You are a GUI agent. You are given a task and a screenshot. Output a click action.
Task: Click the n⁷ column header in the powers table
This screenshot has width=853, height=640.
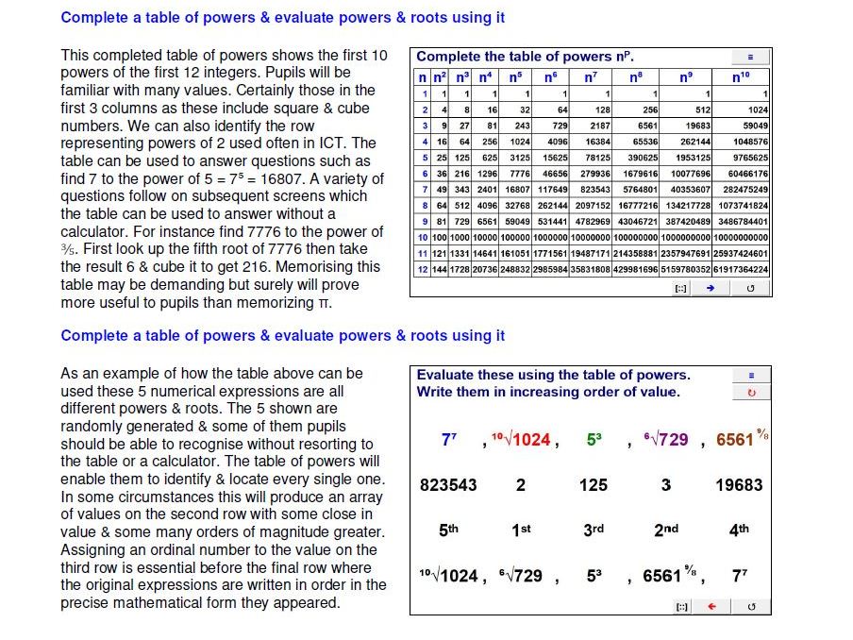coord(591,77)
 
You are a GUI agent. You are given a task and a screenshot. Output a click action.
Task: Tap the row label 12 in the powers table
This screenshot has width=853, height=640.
coord(424,269)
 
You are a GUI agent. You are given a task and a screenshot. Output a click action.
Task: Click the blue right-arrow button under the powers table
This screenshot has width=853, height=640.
coord(710,288)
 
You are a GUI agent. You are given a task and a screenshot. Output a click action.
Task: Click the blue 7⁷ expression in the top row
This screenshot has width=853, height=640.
coord(449,439)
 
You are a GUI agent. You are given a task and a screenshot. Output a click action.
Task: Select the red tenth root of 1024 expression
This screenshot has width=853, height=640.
coord(521,439)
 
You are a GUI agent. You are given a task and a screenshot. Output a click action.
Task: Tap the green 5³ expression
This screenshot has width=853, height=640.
coord(594,439)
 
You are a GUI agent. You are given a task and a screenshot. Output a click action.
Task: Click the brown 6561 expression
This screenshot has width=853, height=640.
coord(739,439)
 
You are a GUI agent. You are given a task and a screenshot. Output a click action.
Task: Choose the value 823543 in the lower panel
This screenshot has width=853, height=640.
coord(448,485)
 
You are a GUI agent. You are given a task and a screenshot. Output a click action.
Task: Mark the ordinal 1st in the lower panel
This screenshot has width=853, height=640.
coord(521,531)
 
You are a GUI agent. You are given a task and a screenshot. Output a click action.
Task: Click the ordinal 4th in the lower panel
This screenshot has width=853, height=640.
coord(739,531)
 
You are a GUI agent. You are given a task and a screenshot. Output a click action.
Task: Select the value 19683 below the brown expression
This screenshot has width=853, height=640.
coord(739,485)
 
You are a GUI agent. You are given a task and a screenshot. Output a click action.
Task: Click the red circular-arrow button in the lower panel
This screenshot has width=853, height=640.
coord(751,393)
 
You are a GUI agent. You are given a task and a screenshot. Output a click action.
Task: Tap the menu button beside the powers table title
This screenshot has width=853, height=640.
coord(751,58)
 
